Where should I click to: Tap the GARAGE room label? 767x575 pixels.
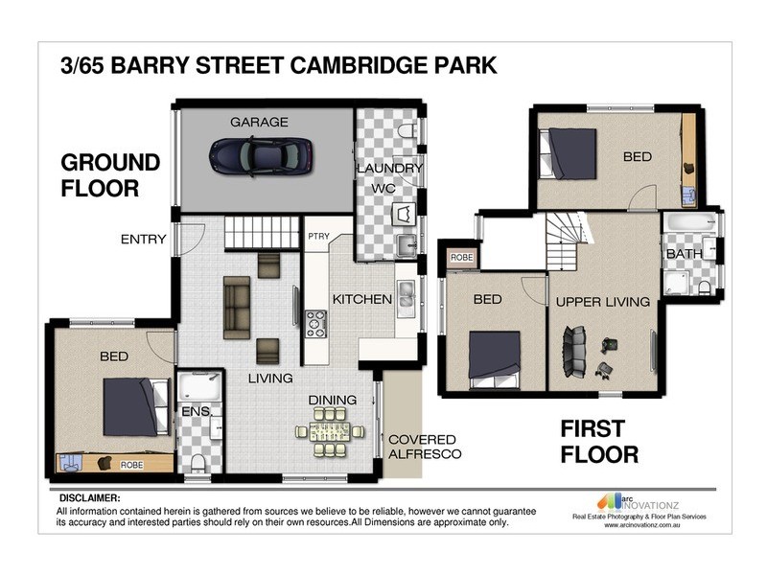(259, 122)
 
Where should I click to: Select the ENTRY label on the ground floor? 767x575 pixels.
(144, 240)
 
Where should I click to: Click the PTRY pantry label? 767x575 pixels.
(318, 237)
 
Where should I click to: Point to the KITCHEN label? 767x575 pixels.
(361, 299)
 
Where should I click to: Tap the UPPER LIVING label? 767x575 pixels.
(602, 302)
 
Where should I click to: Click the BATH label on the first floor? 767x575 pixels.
(685, 254)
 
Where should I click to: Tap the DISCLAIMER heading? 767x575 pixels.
(90, 499)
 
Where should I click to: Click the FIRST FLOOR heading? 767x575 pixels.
(600, 441)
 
